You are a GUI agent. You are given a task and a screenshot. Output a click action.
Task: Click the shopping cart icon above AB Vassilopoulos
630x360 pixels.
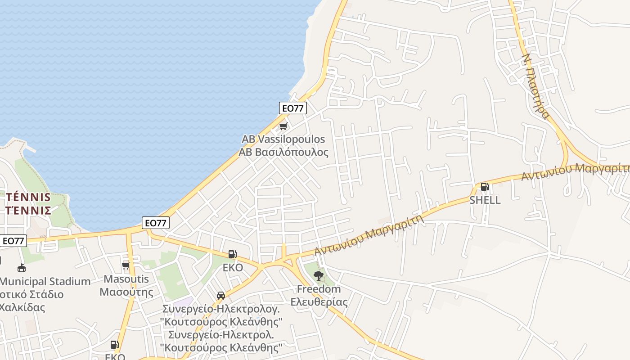tap(283, 126)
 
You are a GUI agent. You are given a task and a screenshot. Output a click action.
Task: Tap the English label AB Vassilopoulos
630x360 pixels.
tap(283, 139)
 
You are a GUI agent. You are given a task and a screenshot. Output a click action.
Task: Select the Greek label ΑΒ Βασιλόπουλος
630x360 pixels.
tap(283, 152)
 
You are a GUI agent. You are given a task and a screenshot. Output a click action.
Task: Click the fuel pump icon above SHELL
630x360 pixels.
tap(485, 187)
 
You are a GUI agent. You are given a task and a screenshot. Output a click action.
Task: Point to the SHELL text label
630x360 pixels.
tap(485, 200)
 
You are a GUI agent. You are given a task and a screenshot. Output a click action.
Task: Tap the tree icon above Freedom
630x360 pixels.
tap(319, 275)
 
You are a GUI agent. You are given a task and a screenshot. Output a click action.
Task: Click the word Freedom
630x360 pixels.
tap(319, 289)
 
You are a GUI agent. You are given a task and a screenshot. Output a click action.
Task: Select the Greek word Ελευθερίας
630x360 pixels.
tap(319, 302)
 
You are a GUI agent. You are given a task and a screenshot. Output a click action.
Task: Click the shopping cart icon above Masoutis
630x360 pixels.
tap(126, 266)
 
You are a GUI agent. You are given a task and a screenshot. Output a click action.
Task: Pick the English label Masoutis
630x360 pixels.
tap(126, 279)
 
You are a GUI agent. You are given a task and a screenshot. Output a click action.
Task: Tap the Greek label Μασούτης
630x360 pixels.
tap(126, 292)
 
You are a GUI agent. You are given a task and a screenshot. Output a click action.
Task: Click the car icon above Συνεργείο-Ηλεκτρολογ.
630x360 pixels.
tap(220, 296)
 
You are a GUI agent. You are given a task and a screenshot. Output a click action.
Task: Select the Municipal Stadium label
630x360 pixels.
tap(45, 282)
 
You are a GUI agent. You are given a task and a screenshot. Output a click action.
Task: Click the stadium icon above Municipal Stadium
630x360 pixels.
tap(21, 268)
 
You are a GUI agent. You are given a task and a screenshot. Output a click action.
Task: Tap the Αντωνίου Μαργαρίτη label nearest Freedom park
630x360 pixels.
tap(370, 235)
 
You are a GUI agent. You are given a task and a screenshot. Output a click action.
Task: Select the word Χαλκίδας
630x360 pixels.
tap(22, 308)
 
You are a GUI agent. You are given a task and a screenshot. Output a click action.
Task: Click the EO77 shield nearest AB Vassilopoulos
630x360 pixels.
tap(293, 108)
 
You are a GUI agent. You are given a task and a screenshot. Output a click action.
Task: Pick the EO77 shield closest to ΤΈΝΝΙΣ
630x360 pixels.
tap(13, 241)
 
